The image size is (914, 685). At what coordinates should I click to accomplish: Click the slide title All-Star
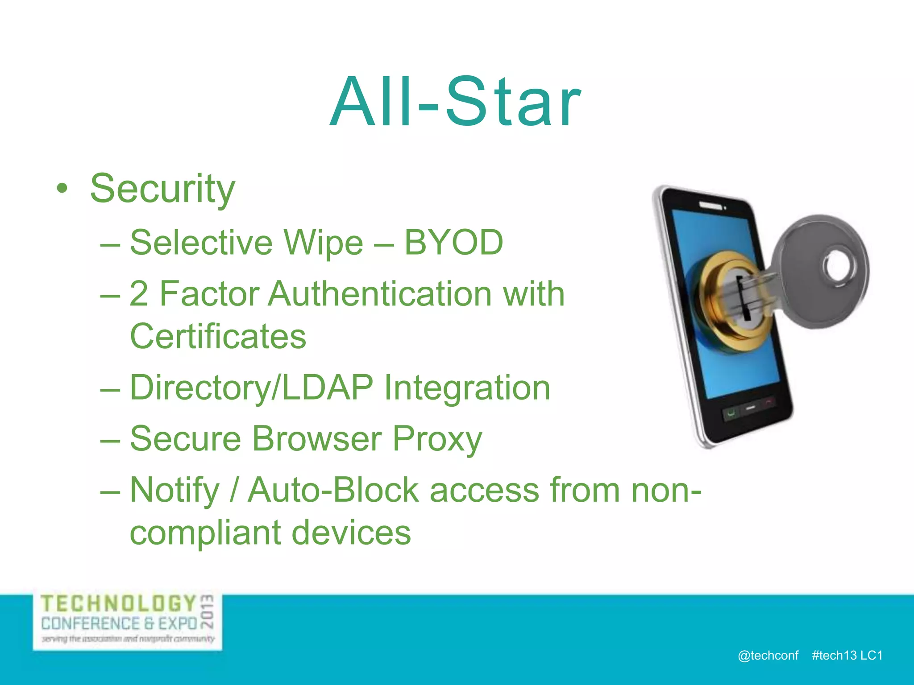point(455,103)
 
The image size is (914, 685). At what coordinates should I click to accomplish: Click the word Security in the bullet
point(162,189)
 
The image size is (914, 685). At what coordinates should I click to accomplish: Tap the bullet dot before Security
point(62,189)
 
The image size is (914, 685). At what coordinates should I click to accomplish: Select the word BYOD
point(453,243)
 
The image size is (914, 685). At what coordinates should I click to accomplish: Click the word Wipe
point(324,243)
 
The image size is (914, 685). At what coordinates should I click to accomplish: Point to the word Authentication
point(379,294)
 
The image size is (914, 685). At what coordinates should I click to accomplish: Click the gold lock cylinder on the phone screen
point(725,303)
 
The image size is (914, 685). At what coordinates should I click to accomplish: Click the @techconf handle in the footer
point(768,656)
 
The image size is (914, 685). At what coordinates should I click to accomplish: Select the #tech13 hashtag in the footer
point(834,656)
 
